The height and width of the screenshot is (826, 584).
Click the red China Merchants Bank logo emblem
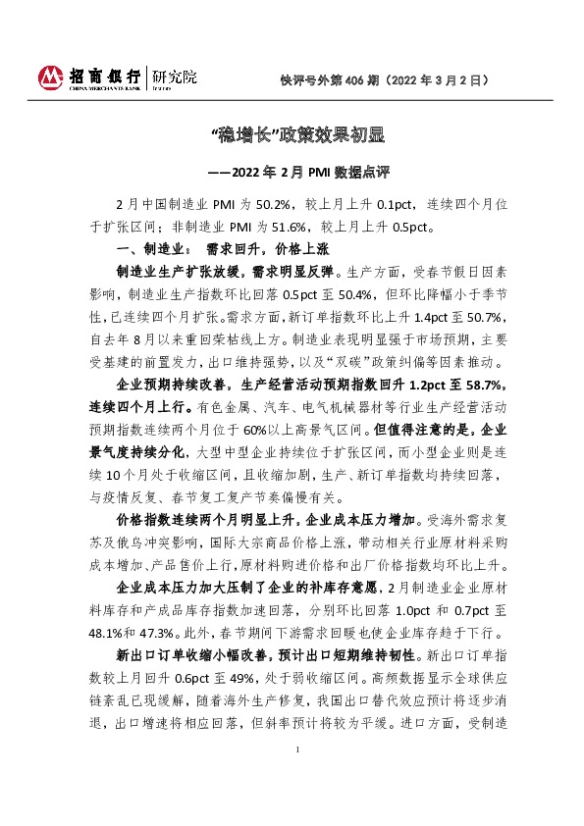click(48, 77)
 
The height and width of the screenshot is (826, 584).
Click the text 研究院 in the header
click(172, 75)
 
